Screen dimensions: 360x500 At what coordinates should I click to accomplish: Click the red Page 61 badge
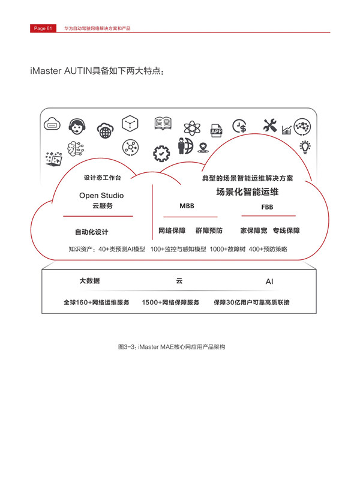tap(43, 28)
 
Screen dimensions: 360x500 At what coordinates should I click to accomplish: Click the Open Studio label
tap(101, 196)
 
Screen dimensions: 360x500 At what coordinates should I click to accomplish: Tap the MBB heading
tap(187, 206)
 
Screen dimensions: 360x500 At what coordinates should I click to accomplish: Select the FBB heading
tap(267, 207)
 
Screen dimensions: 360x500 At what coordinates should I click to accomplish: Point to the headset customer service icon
tap(77, 127)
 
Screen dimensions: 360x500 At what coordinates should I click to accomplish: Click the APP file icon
tap(216, 131)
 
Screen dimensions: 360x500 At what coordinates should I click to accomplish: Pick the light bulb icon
tap(305, 147)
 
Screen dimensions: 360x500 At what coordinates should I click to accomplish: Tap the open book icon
tap(163, 124)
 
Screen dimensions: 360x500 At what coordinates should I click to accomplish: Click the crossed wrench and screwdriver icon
tap(270, 125)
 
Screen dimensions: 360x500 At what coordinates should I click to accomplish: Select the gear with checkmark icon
tap(161, 154)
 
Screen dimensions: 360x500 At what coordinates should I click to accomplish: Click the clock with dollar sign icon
tap(239, 126)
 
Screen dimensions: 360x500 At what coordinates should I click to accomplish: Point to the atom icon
tap(192, 128)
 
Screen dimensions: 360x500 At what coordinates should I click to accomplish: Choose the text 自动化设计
tap(92, 232)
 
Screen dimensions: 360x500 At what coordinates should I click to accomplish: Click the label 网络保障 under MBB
tap(172, 230)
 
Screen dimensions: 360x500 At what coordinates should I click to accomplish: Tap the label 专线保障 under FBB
tap(286, 230)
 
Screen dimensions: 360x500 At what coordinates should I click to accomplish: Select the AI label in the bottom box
tap(269, 282)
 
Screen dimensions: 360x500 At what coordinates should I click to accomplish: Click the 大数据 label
tap(89, 281)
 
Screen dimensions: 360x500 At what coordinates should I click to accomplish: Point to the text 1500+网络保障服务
tap(170, 303)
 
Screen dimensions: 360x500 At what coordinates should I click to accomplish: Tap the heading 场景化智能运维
tap(247, 192)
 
